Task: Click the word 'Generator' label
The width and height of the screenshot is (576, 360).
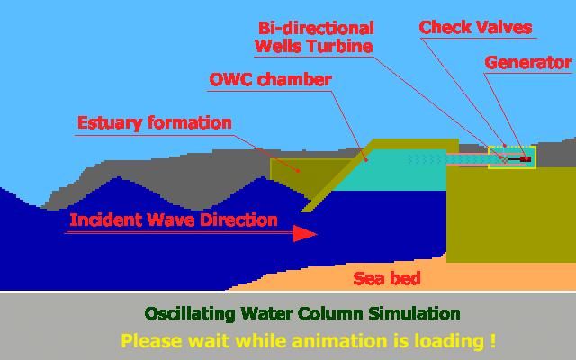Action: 527,63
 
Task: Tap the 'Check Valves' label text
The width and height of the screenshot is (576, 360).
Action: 476,27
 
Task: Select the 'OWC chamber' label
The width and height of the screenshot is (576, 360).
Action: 270,79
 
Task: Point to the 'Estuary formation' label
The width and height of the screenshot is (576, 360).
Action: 155,122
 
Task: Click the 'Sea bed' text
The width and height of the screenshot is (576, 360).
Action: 386,278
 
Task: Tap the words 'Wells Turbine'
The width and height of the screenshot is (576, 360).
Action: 314,45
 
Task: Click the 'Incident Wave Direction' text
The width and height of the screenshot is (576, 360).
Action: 174,220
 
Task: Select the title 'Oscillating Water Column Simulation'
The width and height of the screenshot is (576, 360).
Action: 302,314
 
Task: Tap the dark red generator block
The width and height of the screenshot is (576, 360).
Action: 525,159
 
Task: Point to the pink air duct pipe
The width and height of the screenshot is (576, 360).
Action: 468,159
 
